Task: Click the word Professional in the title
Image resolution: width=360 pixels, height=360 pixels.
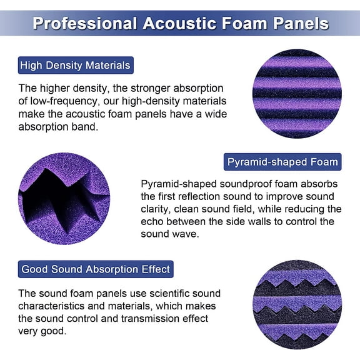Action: pos(84,24)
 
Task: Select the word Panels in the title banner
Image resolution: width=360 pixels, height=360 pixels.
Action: pos(296,24)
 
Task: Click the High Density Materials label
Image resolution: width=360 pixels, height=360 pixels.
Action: pos(75,65)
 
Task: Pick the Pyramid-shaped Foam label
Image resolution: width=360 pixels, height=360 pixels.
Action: pos(282,162)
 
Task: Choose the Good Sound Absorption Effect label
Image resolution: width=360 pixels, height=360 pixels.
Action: pos(96,269)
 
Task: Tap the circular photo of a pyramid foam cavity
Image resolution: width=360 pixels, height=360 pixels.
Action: pos(64,198)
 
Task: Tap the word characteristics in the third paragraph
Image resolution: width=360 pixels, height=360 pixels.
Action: pos(51,306)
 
